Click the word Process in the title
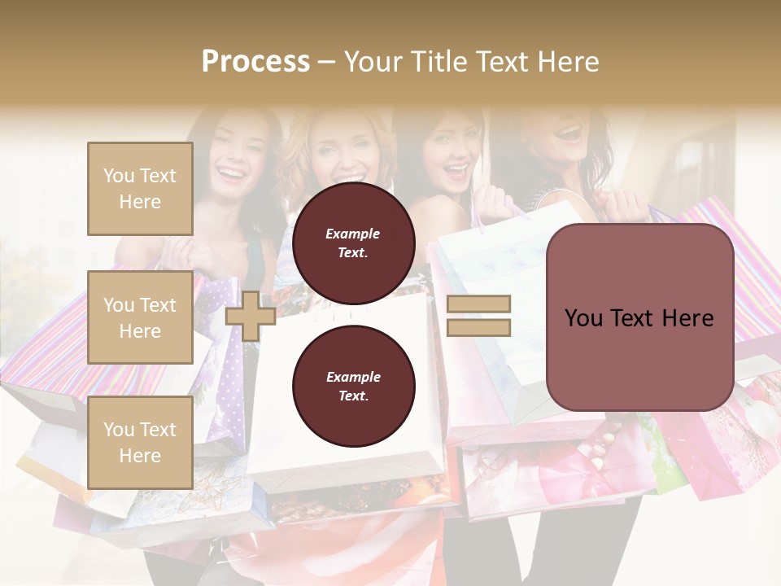tap(255, 62)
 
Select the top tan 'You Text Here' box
tap(140, 189)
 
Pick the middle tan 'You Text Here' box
tap(140, 317)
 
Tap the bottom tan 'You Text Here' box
tap(140, 443)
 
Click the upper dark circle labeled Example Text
tap(353, 243)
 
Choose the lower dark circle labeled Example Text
tap(353, 386)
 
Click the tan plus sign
tap(251, 316)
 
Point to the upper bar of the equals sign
tap(478, 304)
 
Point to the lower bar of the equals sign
tap(478, 327)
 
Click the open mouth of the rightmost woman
tap(569, 130)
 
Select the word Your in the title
tap(371, 62)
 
